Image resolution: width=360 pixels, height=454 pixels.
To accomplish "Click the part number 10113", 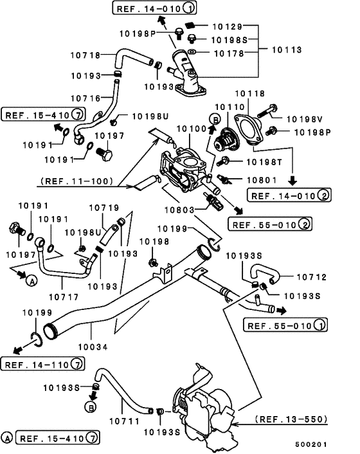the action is click(287, 50).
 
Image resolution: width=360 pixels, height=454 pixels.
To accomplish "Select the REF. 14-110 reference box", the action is click(42, 364).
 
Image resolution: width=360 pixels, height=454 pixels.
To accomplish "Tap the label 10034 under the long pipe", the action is click(93, 347).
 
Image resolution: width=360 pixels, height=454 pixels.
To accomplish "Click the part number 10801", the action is click(262, 180).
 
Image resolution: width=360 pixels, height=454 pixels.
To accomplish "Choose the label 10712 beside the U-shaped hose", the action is click(311, 277).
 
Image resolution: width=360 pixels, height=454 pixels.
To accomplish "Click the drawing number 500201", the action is click(310, 444).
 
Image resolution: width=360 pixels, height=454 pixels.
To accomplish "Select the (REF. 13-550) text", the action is click(291, 419).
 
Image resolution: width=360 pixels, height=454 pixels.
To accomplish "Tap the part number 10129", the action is click(228, 26).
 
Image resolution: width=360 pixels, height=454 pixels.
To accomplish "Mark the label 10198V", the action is click(305, 119).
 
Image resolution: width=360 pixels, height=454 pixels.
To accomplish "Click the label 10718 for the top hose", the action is click(85, 55).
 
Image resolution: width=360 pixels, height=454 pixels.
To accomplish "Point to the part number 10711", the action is click(125, 421).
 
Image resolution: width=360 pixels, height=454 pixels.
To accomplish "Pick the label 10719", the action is click(104, 208).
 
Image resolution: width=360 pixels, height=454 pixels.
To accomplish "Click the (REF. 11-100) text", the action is click(76, 181).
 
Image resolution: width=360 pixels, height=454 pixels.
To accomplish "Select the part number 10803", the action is click(179, 210).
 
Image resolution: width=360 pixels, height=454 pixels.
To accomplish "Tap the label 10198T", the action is click(264, 162).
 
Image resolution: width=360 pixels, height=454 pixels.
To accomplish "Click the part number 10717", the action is click(64, 297).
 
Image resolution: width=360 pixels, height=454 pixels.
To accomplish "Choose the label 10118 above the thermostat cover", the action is click(249, 93).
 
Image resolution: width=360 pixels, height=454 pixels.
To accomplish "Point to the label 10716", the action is click(85, 98).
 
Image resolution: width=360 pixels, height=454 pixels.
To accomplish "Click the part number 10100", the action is click(192, 129).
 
